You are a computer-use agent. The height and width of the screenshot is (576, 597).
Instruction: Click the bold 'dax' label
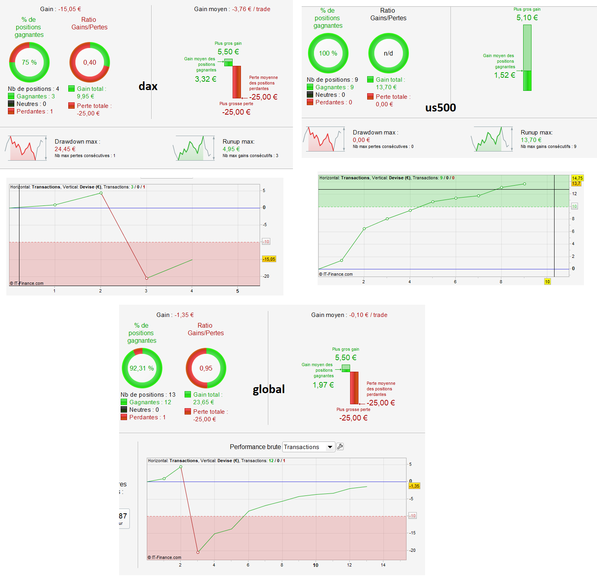pos(148,86)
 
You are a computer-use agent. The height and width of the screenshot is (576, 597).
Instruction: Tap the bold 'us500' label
pos(441,108)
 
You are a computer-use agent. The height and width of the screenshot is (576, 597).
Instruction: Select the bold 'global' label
pos(269,390)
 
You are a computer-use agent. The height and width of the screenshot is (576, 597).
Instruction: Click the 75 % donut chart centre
pos(29,62)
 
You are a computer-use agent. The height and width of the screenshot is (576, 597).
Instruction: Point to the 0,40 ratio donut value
pos(90,62)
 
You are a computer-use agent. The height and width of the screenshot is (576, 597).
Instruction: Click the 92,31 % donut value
pos(142,368)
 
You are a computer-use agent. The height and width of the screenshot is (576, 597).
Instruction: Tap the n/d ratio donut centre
pos(388,53)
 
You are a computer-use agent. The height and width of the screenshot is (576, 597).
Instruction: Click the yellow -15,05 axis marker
pos(269,259)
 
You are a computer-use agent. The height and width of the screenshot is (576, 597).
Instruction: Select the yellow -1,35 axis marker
pos(414,486)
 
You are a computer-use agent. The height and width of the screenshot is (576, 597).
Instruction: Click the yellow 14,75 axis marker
pos(577,178)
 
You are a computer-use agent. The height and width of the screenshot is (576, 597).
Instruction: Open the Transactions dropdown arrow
pos(330,447)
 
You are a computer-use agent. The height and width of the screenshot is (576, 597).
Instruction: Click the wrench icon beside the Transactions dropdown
pos(340,447)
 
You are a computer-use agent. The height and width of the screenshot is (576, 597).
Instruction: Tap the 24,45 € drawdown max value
pos(65,149)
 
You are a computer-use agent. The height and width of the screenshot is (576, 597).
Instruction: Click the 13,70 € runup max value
pos(531,140)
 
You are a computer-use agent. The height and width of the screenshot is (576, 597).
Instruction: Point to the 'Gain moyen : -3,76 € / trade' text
pos(232,9)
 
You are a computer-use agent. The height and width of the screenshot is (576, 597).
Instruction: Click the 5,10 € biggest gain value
pos(527,17)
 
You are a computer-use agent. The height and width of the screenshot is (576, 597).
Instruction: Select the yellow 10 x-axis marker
pos(547,282)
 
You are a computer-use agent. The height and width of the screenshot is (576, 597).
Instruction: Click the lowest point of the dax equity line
pos(146,278)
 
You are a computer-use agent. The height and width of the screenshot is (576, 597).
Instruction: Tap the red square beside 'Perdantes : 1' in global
pos(124,417)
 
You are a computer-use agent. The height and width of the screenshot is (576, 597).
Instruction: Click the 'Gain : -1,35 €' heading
pos(175,315)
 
